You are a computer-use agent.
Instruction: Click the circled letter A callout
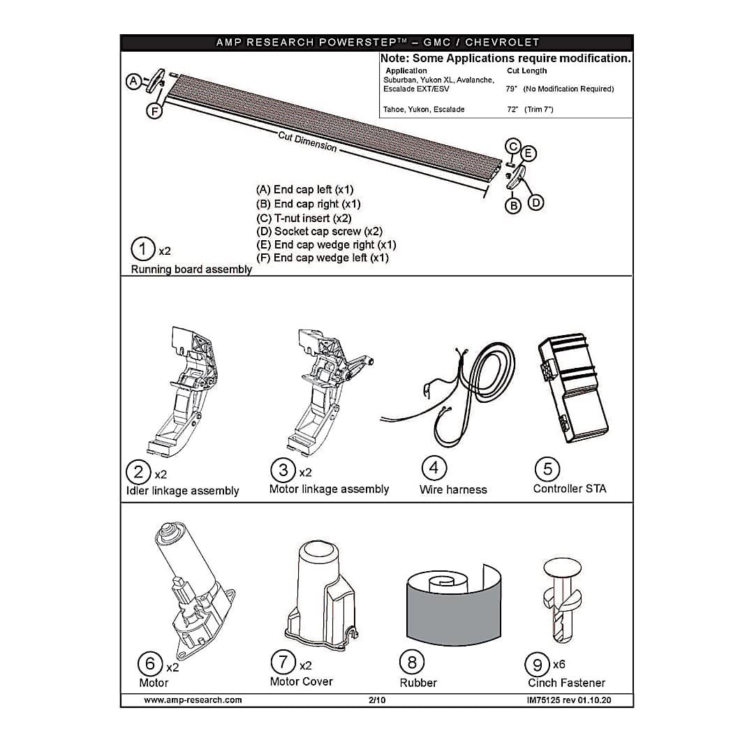coord(133,81)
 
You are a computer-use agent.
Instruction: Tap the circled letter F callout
coord(154,112)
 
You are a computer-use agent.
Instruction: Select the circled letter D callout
coord(535,202)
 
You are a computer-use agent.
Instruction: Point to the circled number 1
coord(143,249)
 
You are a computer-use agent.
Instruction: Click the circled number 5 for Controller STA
coord(547,469)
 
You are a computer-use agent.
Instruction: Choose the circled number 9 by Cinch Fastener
coord(537,665)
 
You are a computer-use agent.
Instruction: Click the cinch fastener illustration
coord(561,600)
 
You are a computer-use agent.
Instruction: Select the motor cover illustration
coord(322,596)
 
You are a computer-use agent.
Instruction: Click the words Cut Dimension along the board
coord(307,141)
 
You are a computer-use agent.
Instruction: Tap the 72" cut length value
coord(512,110)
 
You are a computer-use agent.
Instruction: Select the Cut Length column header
coord(526,71)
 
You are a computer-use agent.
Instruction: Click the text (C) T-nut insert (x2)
coord(304,218)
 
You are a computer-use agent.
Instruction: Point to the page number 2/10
coord(377,700)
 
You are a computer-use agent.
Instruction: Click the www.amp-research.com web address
coord(193,700)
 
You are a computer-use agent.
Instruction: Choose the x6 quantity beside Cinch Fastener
coord(559,665)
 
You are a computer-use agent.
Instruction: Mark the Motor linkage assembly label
coord(329,489)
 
